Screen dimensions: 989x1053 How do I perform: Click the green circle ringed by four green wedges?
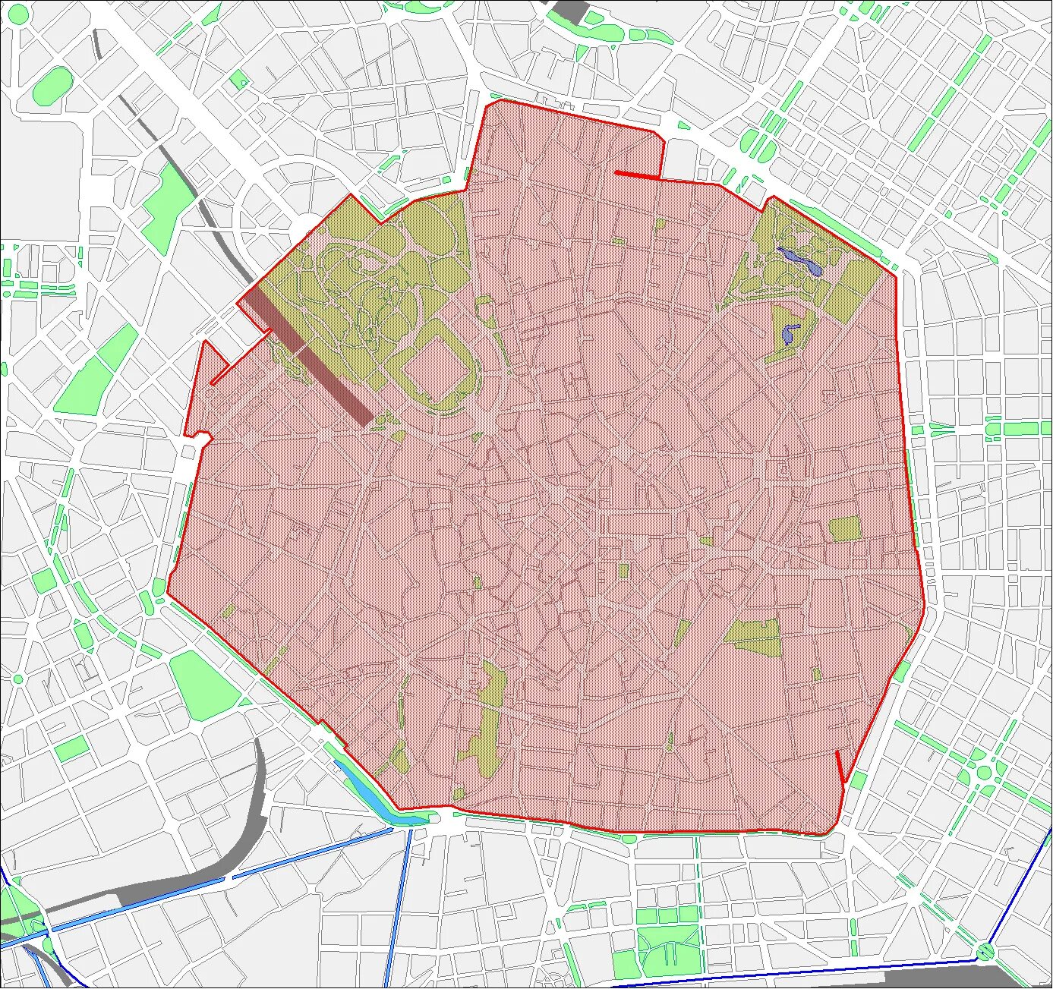984,773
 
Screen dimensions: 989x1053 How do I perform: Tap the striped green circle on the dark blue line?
985,950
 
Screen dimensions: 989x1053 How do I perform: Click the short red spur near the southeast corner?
840,767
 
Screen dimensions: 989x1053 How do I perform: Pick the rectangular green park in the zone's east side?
843,528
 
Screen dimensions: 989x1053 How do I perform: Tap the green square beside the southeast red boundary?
858,781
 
